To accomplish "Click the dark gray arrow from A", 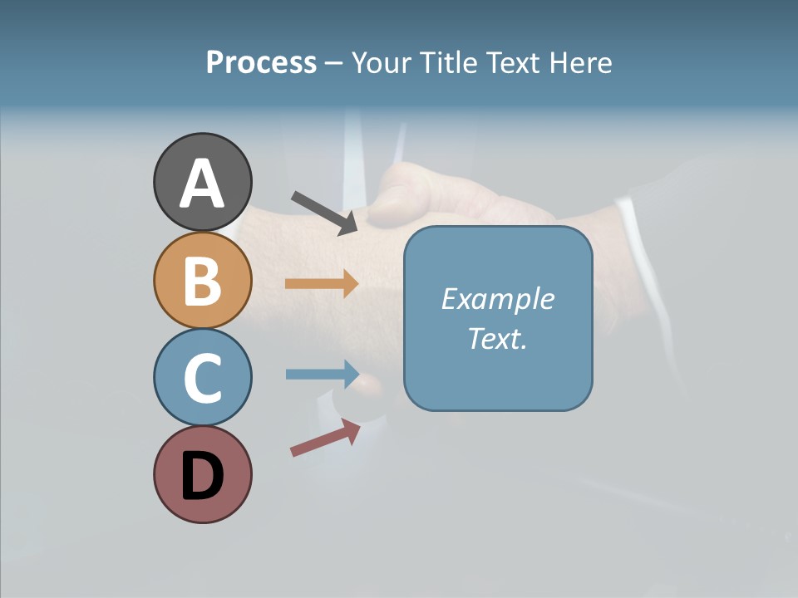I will pyautogui.click(x=324, y=213).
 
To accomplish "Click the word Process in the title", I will pyautogui.click(x=261, y=63).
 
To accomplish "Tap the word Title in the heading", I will pyautogui.click(x=444, y=63).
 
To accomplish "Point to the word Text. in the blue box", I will pyautogui.click(x=497, y=339).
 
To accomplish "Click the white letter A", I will pyautogui.click(x=202, y=184).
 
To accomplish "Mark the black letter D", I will pyautogui.click(x=202, y=476).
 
